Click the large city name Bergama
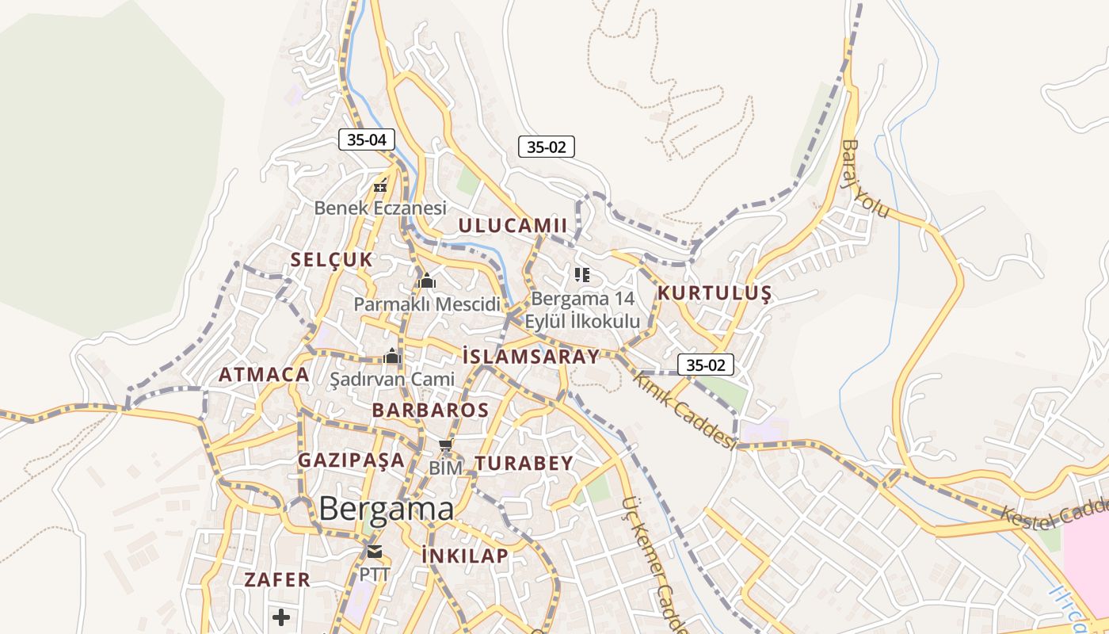tap(387, 510)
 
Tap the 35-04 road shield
tap(367, 140)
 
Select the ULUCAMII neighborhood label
tap(513, 226)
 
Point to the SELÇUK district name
tap(331, 260)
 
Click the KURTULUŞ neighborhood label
tap(714, 294)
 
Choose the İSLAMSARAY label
tap(530, 357)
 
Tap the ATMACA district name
tap(264, 376)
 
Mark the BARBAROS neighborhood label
tap(430, 411)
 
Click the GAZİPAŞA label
tap(351, 460)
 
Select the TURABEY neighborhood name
tap(524, 464)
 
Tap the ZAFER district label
tap(277, 580)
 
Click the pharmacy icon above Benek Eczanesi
tap(380, 187)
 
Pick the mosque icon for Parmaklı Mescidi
tap(427, 281)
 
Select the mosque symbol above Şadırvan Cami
tap(392, 357)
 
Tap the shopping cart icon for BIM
tap(445, 446)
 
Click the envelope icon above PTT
tap(374, 552)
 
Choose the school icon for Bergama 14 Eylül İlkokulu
tap(582, 275)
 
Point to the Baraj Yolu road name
tap(865, 179)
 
